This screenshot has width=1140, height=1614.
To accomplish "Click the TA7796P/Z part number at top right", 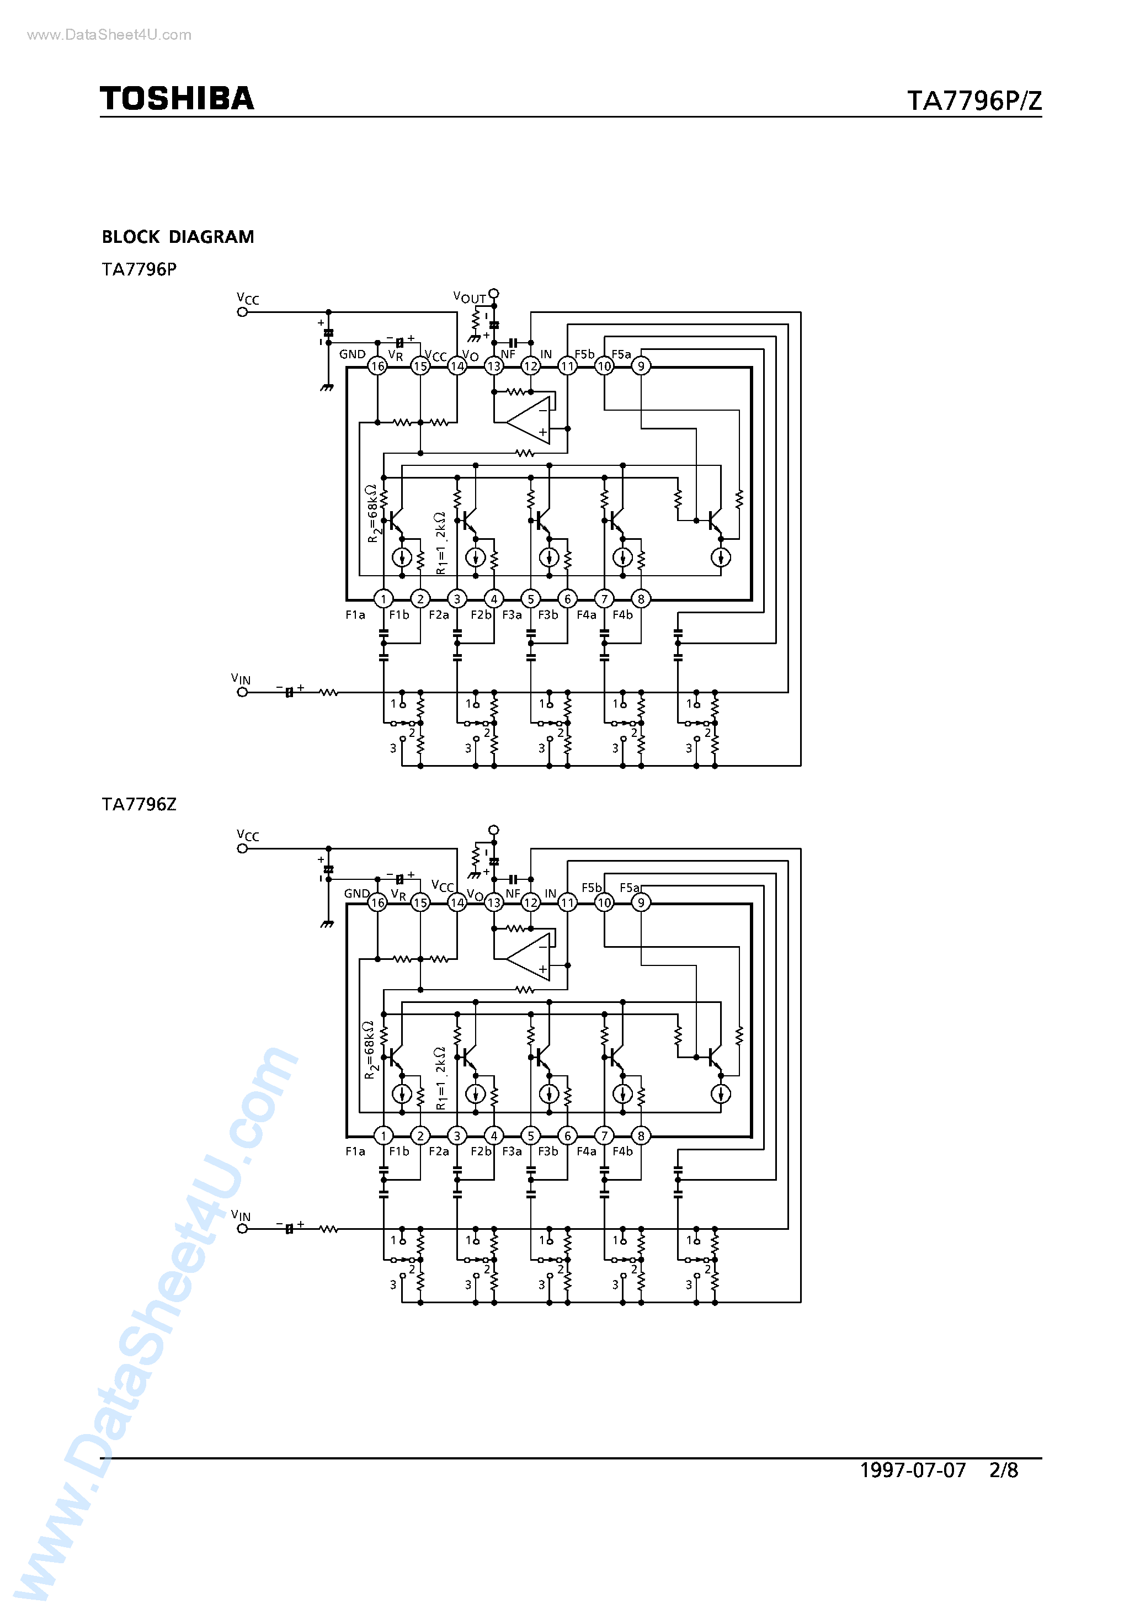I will (x=973, y=101).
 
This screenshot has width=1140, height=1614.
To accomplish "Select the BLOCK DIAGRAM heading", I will (x=178, y=237).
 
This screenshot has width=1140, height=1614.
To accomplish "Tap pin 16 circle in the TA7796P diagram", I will (x=377, y=367).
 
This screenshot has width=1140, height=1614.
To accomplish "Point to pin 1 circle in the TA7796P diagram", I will (x=383, y=599).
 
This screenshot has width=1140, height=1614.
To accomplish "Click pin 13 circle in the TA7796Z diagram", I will (x=494, y=902).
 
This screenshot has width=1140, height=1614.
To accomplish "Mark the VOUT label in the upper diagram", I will (x=470, y=298).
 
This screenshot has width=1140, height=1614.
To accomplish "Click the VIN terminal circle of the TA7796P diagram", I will (x=242, y=692).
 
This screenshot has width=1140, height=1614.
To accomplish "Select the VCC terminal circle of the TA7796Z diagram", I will (x=242, y=848).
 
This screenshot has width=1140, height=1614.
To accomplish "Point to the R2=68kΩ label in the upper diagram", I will (x=372, y=513).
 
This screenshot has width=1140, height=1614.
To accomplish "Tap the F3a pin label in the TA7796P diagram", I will (x=512, y=615).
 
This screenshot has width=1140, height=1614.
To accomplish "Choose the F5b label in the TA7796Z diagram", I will (x=591, y=888).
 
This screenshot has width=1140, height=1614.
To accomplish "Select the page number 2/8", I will (x=1003, y=1470).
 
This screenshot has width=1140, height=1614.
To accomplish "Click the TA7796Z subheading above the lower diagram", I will (x=139, y=804).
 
